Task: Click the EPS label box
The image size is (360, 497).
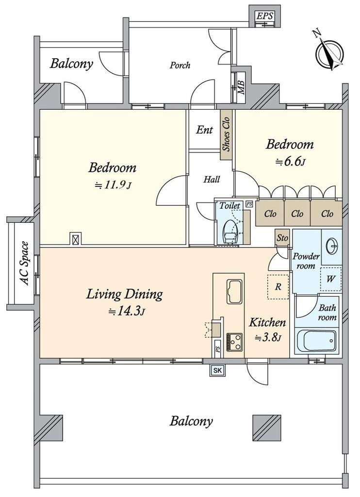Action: (264, 17)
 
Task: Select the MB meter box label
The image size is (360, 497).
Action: (242, 87)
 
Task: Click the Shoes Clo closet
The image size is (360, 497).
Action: (226, 134)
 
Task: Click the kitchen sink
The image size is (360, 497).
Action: (234, 292)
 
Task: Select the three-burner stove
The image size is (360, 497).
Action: (234, 342)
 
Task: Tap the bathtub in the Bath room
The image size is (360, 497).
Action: (316, 341)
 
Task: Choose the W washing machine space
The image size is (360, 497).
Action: (331, 279)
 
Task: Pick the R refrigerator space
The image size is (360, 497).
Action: (278, 287)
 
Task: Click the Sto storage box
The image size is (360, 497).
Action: (282, 237)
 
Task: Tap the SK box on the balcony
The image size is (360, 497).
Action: (218, 370)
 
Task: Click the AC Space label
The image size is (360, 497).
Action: (24, 264)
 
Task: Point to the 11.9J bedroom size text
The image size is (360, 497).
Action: (113, 184)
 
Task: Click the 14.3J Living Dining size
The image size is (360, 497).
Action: (127, 311)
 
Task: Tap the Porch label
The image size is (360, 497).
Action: (180, 66)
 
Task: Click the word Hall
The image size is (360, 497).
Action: (212, 180)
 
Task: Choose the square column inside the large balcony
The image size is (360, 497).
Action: (267, 427)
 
